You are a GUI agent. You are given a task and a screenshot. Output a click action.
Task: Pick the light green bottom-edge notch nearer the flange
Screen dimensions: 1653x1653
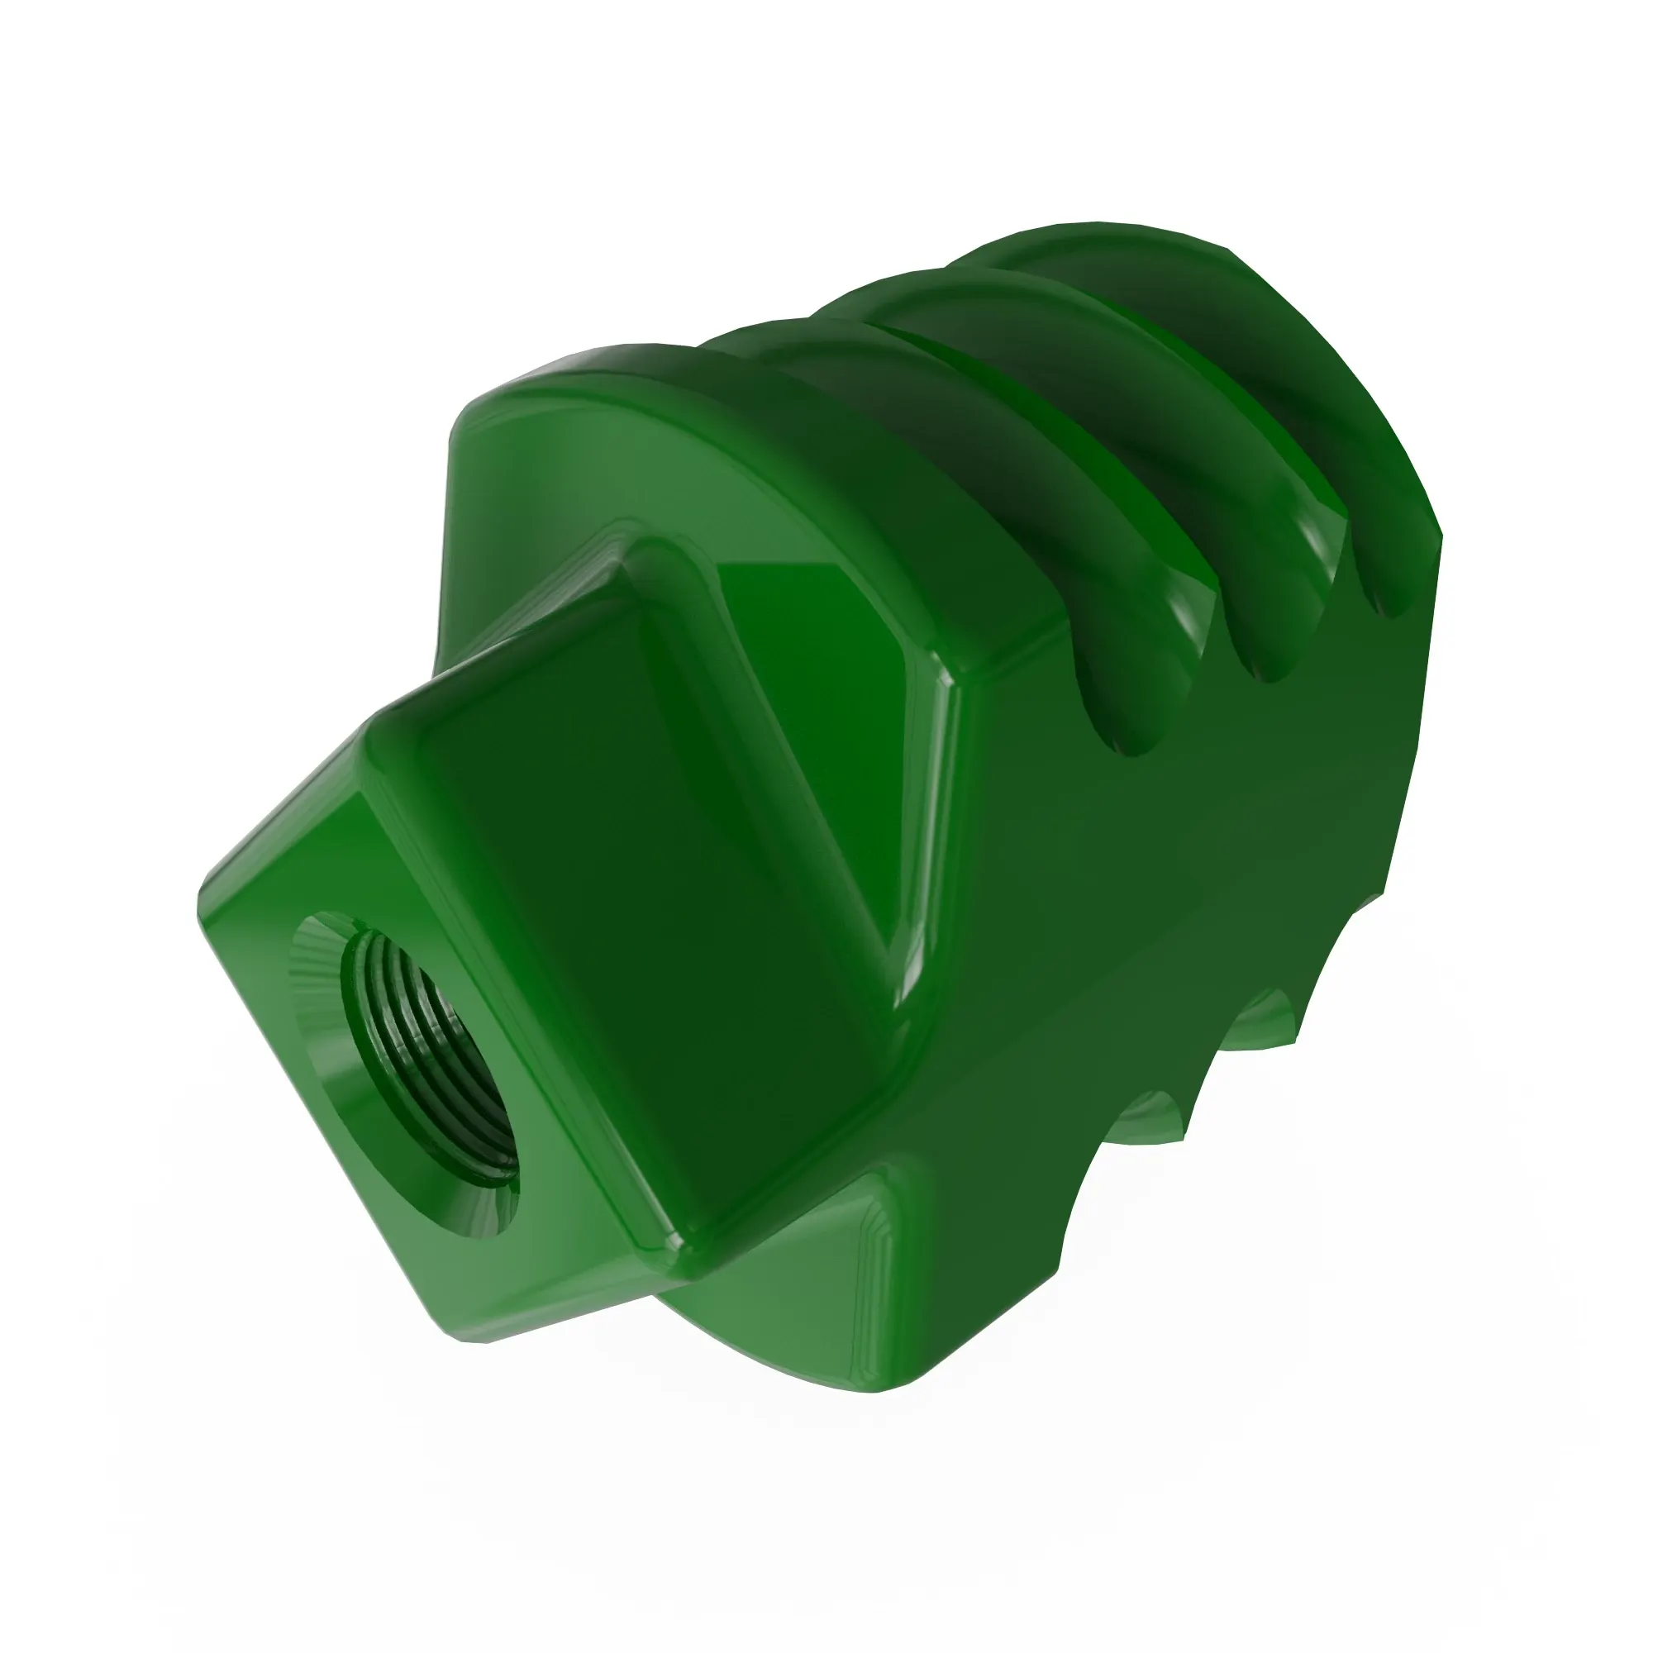pyautogui.click(x=1155, y=1112)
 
